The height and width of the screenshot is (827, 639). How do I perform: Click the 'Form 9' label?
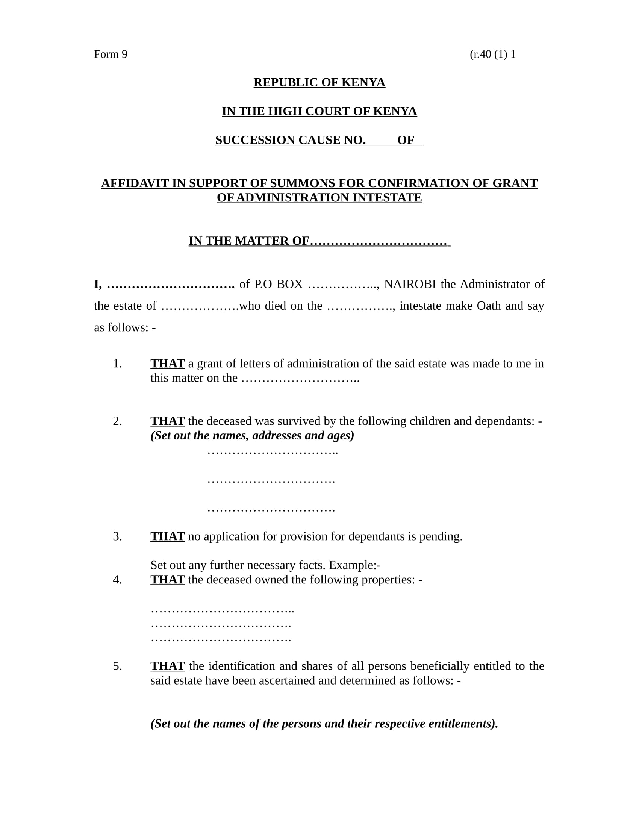tap(111, 55)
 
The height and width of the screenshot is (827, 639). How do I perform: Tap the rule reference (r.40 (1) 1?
tap(492, 55)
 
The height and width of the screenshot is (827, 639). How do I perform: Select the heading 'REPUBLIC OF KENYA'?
tap(319, 83)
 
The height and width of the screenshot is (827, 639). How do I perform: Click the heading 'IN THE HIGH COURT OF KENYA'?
tap(319, 111)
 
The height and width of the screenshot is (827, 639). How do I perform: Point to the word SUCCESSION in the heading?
tap(256, 140)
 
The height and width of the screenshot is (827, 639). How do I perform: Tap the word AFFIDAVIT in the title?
tap(135, 183)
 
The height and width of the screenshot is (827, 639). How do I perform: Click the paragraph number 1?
tap(117, 364)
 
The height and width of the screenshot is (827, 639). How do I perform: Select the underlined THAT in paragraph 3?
tap(167, 536)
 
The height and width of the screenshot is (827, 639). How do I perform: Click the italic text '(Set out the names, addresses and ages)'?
tap(252, 435)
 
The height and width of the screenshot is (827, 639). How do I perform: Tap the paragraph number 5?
tap(117, 666)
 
